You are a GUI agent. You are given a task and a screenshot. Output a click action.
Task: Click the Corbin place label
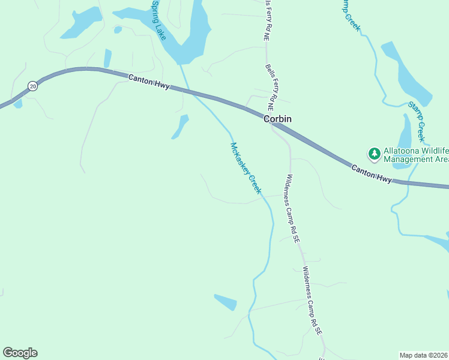point(277,119)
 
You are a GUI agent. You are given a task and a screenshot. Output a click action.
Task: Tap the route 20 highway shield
point(32,86)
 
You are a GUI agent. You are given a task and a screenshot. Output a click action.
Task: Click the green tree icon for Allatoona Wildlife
point(375,154)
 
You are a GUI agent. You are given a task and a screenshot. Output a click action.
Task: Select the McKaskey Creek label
point(246,168)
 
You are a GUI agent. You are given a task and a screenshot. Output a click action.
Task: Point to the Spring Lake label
point(159,20)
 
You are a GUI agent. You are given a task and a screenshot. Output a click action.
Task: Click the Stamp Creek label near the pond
point(417,122)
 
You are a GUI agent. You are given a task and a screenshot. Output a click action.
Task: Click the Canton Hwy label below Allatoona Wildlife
point(372,175)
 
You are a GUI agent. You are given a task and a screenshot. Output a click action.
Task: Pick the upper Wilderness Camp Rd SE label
point(292,208)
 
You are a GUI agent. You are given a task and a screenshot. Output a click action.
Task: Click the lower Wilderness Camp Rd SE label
point(313,300)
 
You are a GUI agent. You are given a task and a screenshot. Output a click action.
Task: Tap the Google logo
point(20,353)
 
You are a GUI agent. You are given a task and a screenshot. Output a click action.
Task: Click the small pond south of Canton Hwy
point(180,126)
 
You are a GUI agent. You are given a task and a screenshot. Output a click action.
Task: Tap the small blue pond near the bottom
point(226,301)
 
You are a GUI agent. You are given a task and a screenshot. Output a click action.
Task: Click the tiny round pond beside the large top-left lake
point(118,29)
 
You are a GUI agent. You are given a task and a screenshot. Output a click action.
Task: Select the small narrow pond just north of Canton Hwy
point(107,58)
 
